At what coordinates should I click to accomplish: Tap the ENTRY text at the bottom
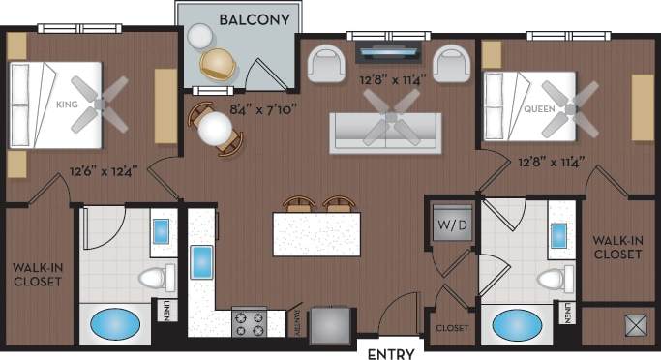pyautogui.click(x=392, y=353)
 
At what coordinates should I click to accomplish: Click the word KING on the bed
pyautogui.click(x=67, y=104)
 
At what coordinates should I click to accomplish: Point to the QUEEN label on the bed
pyautogui.click(x=539, y=108)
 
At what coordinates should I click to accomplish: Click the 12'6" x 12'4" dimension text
pyautogui.click(x=103, y=172)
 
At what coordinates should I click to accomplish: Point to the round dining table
pyautogui.click(x=215, y=129)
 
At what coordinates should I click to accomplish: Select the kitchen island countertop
pyautogui.click(x=316, y=234)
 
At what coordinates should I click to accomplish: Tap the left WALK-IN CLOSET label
pyautogui.click(x=37, y=273)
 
